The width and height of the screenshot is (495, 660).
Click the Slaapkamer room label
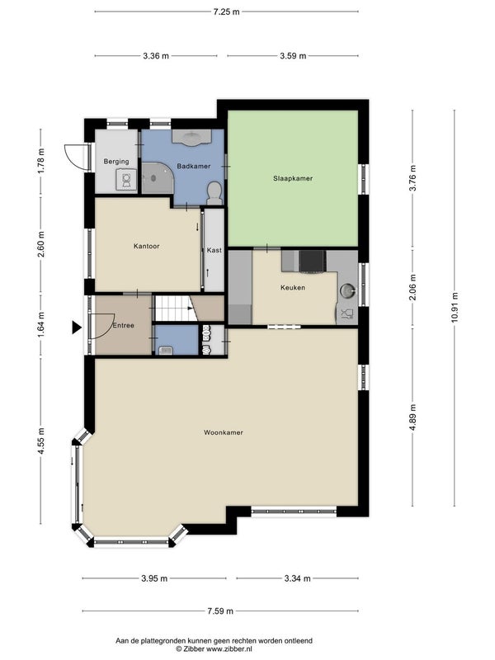coord(293,178)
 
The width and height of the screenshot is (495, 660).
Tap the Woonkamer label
coord(224,432)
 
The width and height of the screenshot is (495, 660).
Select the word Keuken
coord(293,287)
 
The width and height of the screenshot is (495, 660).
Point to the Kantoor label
coord(147,246)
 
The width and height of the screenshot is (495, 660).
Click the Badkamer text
coord(194,167)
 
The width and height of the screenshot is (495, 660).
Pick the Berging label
coord(116,161)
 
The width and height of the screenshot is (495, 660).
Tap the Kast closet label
coord(214,250)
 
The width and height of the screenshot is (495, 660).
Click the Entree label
coord(123,325)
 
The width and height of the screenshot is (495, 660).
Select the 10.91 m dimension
coord(455,308)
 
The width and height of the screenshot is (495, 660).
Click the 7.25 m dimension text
coord(226,12)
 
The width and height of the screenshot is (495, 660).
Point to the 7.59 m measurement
coord(220,610)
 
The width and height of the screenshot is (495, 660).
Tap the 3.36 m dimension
coord(156,55)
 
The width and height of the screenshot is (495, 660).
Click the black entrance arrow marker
coord(76,327)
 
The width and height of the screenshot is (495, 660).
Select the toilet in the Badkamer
coord(214,194)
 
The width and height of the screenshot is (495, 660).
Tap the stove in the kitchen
coord(312,262)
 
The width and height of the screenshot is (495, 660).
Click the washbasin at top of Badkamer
coord(191,137)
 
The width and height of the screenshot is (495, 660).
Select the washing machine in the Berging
coord(126,180)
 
